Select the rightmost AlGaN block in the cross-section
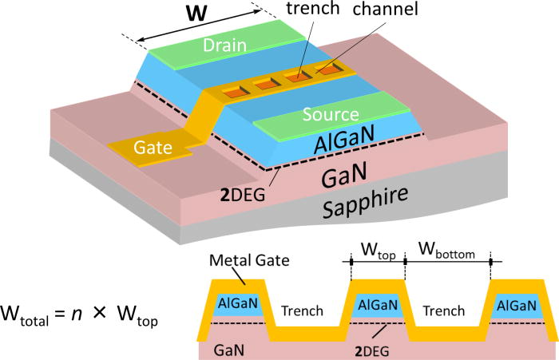(x=515, y=306)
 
